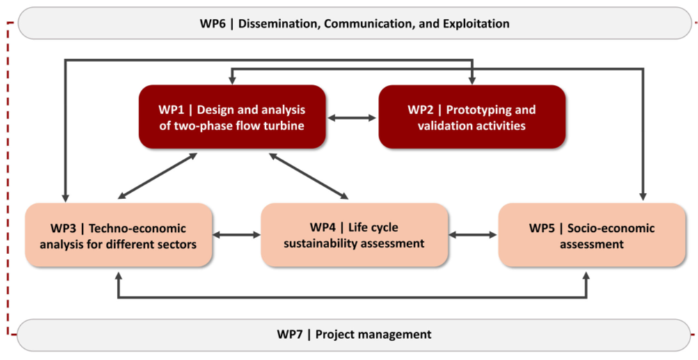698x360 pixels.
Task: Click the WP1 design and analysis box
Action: (232, 117)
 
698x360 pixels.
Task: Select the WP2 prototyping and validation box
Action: (472, 117)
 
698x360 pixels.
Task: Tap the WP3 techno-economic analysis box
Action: (118, 235)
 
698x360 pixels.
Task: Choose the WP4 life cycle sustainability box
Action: (354, 235)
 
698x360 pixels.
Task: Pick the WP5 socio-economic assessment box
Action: (592, 235)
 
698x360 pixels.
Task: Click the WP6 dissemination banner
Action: (355, 23)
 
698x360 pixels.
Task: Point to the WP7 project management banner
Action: (355, 334)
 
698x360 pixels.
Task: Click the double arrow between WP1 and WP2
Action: (352, 118)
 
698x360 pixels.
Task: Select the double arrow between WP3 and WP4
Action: (237, 235)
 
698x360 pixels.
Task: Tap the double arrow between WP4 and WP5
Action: (473, 235)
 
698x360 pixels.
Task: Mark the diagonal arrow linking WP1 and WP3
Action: (157, 175)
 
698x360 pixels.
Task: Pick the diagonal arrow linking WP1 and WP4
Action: (308, 175)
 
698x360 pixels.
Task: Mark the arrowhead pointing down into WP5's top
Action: (642, 196)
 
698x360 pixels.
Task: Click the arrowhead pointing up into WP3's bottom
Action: (118, 276)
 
